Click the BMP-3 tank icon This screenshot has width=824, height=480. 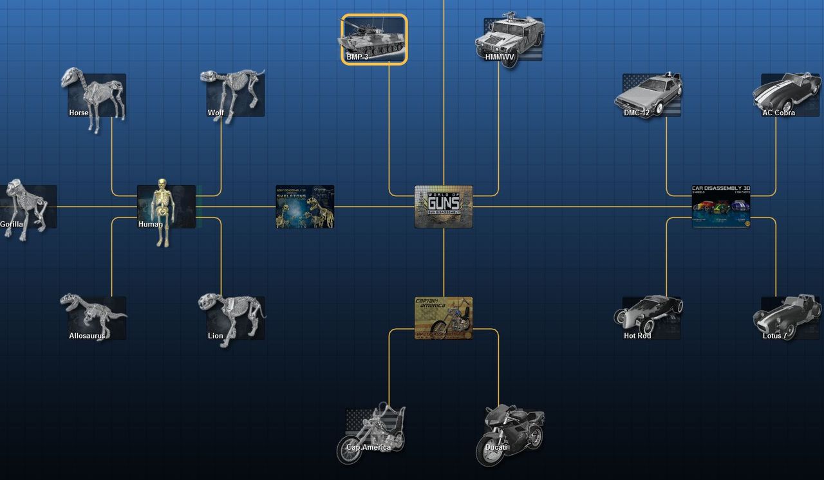pos(373,39)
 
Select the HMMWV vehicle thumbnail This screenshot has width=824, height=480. pos(512,39)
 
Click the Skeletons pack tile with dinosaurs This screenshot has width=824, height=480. pos(304,207)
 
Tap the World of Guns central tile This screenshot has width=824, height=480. pos(444,207)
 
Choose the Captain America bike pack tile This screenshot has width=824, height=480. pos(444,318)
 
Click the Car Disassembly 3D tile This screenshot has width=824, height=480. pos(721,207)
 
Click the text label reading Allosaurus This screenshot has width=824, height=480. pos(87,336)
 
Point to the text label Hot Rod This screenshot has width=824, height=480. pos(637,336)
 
